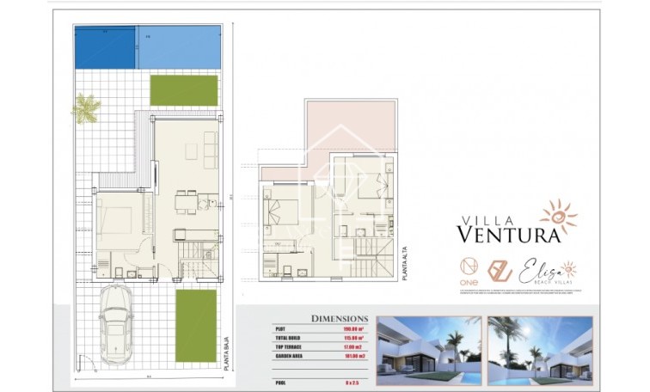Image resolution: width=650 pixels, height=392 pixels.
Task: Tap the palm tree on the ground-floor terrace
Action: pos(86,108)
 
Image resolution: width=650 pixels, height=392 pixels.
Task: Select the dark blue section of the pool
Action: pos(105,47)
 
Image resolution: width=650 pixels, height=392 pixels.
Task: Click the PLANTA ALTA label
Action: pos(404,263)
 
